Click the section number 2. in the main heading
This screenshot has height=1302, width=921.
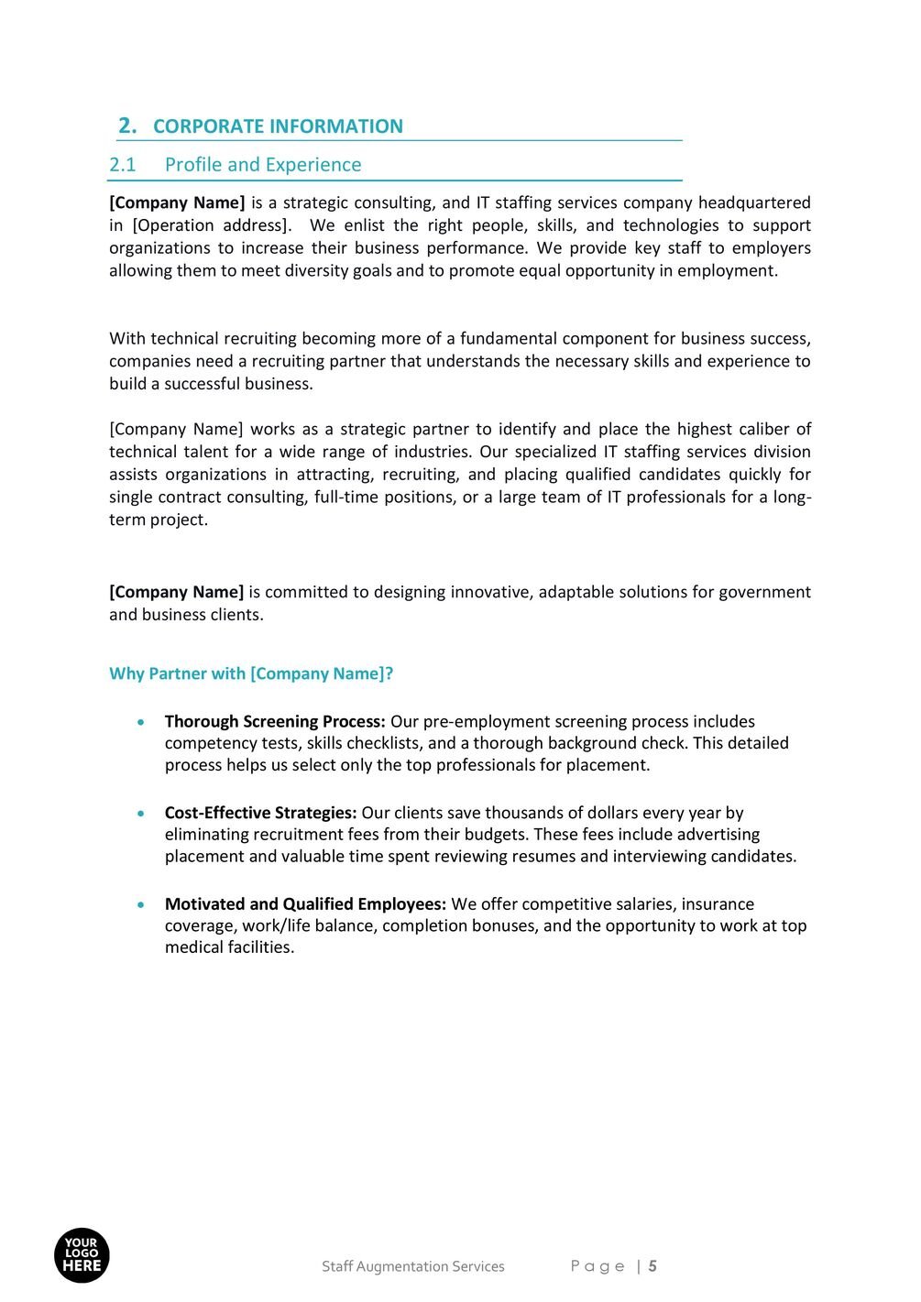tap(127, 126)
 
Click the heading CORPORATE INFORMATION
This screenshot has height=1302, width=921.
tap(278, 126)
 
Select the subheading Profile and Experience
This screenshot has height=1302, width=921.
tap(263, 165)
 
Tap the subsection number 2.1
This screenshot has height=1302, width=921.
tap(122, 165)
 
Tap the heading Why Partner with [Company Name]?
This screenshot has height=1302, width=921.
tap(251, 673)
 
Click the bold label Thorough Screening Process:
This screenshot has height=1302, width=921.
tap(275, 722)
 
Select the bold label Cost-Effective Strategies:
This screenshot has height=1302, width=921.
tap(260, 813)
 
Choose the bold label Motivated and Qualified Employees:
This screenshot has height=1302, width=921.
tap(305, 904)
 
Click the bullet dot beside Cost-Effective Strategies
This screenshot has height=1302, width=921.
tap(139, 814)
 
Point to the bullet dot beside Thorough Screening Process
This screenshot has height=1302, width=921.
tap(139, 723)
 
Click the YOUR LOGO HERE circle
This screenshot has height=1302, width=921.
tap(82, 1255)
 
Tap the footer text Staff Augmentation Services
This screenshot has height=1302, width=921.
tap(412, 1266)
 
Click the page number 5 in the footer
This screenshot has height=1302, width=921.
tap(652, 1266)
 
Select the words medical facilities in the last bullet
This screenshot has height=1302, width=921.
tap(229, 947)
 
